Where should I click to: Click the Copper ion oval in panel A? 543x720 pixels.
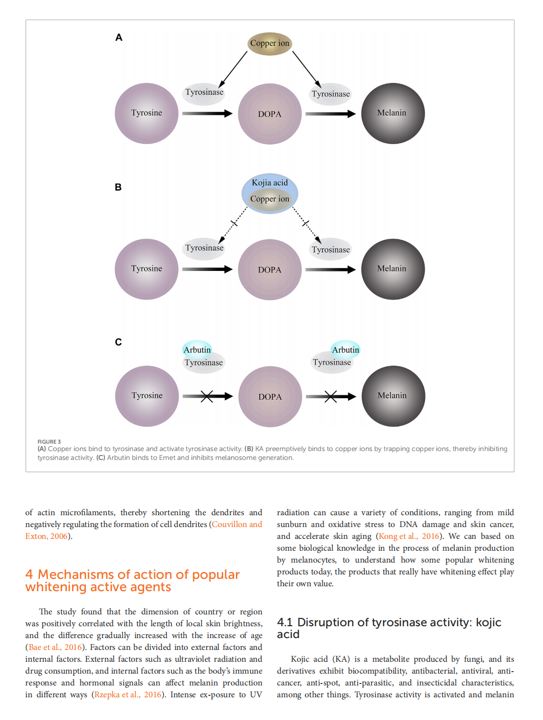click(270, 43)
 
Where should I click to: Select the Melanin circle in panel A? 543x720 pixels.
click(393, 114)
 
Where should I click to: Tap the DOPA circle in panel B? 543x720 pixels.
click(270, 269)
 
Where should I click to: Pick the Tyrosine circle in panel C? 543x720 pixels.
click(147, 396)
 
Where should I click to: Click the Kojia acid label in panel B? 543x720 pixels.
click(270, 183)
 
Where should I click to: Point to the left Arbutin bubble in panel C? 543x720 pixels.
click(197, 349)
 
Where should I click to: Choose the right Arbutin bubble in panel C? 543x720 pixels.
click(346, 349)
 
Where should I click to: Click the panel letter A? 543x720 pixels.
click(118, 38)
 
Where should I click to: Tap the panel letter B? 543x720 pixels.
click(118, 188)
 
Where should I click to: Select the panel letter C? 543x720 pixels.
click(118, 342)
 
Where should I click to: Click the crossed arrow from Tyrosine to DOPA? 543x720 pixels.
click(207, 396)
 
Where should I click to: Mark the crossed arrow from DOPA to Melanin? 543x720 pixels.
click(331, 396)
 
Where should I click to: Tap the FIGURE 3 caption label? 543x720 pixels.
click(49, 442)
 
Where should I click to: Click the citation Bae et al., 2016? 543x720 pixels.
click(55, 647)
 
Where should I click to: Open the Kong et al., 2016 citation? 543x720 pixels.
click(409, 536)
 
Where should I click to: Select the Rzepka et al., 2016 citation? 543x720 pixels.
click(128, 695)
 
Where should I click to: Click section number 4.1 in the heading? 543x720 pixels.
click(285, 623)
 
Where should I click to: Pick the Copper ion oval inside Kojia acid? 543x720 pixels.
click(270, 199)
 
